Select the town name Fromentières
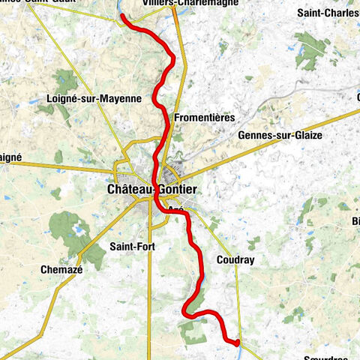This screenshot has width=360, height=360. click(204, 118)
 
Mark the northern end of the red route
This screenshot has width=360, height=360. click(121, 15)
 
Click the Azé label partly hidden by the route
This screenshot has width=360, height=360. click(176, 209)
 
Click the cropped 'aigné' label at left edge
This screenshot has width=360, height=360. click(10, 157)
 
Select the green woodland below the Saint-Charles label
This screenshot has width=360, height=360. click(310, 51)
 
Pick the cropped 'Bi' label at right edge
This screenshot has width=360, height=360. click(355, 220)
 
